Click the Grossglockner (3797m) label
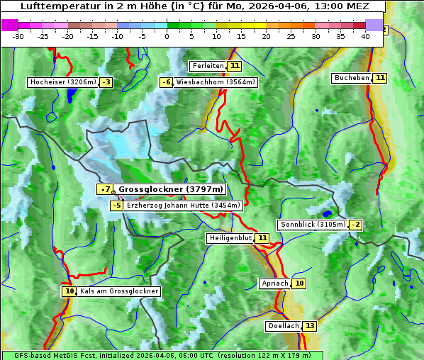coord(170,189)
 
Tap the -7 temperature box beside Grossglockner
coord(105,189)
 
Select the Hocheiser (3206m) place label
coord(62,82)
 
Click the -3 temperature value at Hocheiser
coord(106,82)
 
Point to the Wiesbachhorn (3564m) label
coord(216,82)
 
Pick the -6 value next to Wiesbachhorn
coord(167,82)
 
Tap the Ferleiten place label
coord(208,66)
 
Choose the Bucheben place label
coord(351,78)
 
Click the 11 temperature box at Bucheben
coord(380,78)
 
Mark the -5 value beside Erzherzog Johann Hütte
coord(117,206)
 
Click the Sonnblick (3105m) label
coord(313,225)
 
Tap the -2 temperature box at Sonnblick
coord(355,225)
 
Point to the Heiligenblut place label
coord(230,238)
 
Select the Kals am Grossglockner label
coord(118,291)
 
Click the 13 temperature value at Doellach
coord(310,326)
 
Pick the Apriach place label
coord(274,283)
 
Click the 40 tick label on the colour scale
coord(365,36)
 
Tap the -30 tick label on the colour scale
coord(18,36)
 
